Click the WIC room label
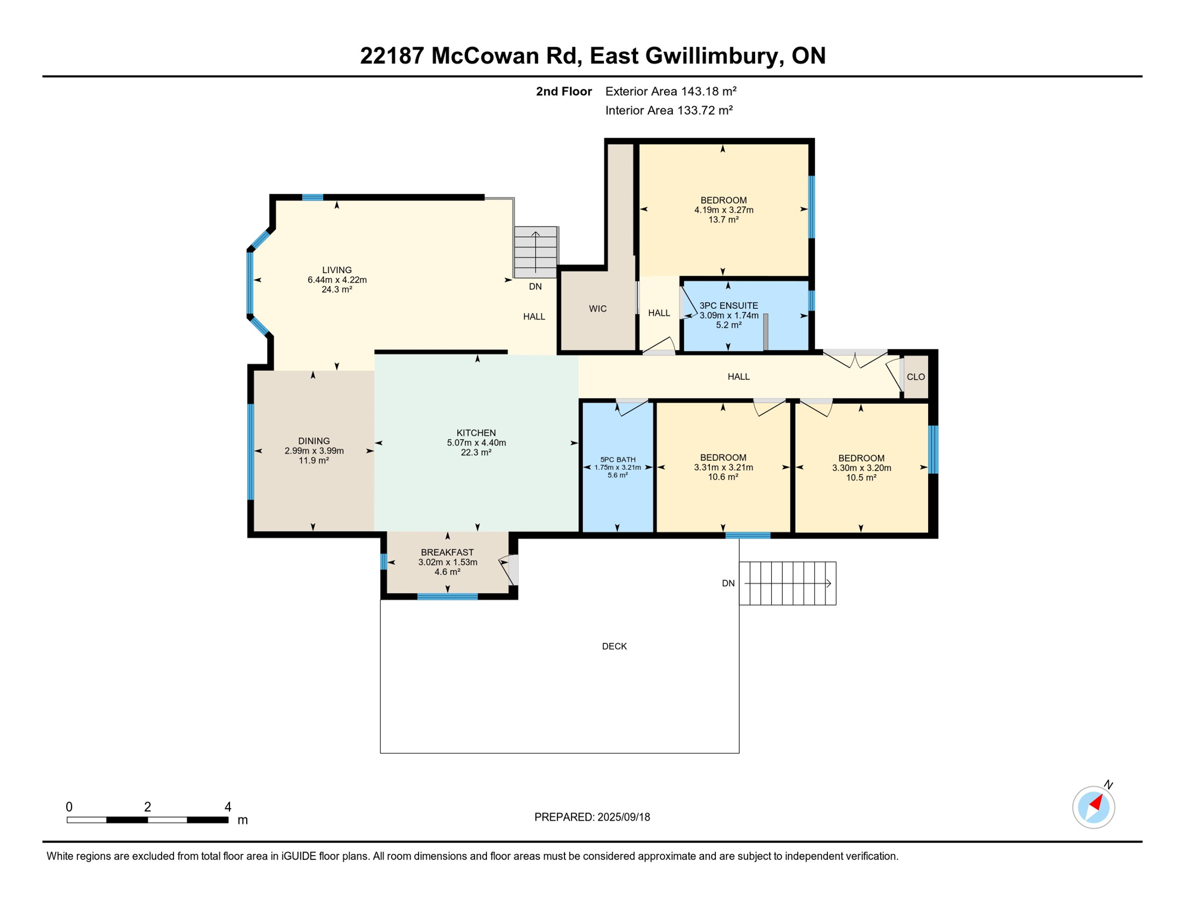click(x=597, y=308)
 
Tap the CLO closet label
click(x=915, y=377)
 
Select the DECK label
click(x=614, y=646)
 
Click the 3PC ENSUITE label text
click(x=728, y=305)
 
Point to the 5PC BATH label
click(x=618, y=459)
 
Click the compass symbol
click(x=1093, y=807)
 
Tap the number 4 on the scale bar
click(x=228, y=807)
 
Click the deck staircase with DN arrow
click(x=787, y=583)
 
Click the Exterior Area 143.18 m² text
click(x=671, y=91)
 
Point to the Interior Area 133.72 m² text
click(x=669, y=110)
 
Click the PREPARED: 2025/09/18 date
click(x=592, y=817)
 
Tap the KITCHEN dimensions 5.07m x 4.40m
click(x=476, y=442)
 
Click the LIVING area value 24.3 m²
click(x=337, y=289)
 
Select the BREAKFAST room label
click(x=447, y=552)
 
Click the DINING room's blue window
click(x=251, y=451)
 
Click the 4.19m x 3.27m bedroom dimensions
click(x=724, y=210)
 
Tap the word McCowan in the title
click(x=505, y=55)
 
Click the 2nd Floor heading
click(x=563, y=91)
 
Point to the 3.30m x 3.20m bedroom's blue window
click(x=933, y=449)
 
